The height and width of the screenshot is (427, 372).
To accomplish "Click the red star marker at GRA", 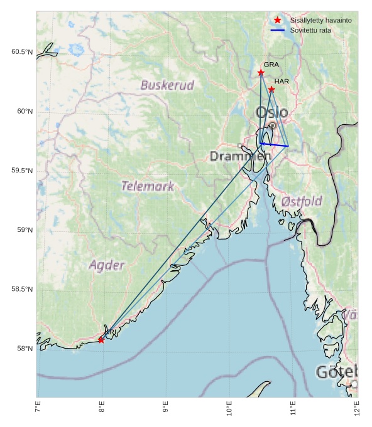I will (x=261, y=73).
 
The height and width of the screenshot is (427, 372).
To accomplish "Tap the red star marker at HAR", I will (x=271, y=90).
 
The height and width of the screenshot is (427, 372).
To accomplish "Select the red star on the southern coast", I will (x=101, y=340).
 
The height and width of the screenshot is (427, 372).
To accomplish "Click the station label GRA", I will (x=271, y=65).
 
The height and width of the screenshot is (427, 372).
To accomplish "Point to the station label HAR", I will (x=282, y=82).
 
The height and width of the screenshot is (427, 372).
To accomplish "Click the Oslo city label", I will (x=272, y=113).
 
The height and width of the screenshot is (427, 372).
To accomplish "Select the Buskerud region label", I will (x=167, y=85).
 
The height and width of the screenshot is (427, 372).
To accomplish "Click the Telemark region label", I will (x=148, y=186).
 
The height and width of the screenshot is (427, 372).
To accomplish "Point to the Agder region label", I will (x=107, y=265).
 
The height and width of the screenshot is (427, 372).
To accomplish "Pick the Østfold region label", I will (x=302, y=201).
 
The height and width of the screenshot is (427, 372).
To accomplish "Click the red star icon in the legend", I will (x=277, y=21).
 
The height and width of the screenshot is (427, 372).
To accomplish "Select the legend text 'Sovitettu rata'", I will (x=310, y=30).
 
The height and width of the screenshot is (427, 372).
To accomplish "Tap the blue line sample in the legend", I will (x=277, y=30).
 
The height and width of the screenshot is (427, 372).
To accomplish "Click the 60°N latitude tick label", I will (x=22, y=112).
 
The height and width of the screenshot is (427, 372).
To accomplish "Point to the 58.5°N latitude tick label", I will (x=22, y=289).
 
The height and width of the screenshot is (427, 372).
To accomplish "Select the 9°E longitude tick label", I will (x=165, y=409).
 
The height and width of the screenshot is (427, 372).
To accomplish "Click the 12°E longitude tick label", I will (x=356, y=409).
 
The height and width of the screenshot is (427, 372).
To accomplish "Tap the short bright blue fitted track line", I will (x=274, y=145).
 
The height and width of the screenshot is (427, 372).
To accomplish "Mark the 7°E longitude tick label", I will (x=38, y=409).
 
